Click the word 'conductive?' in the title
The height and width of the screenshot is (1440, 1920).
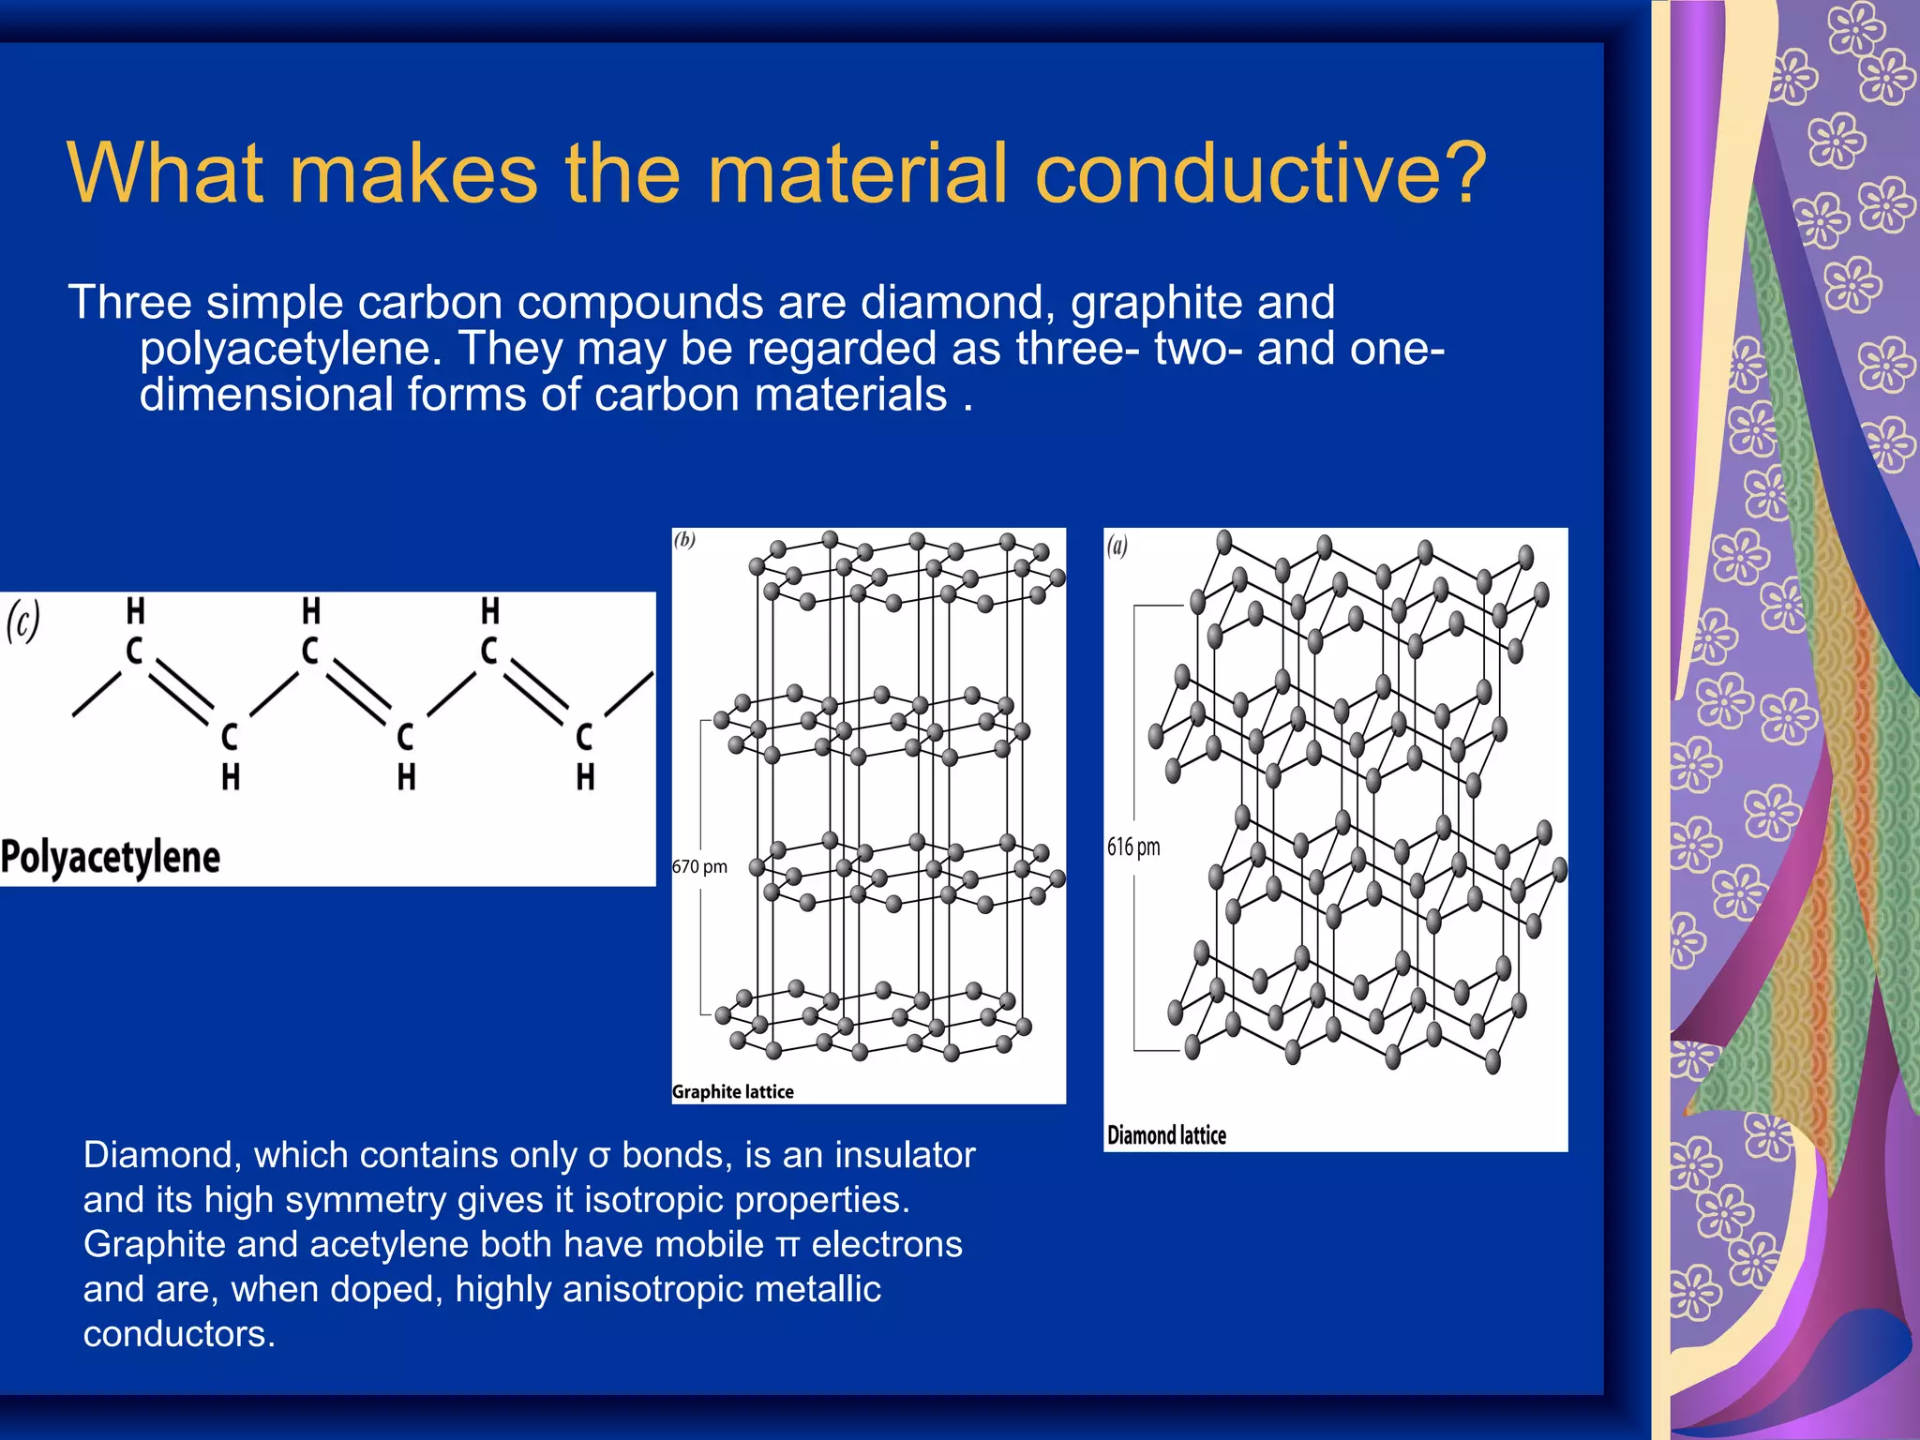[x=1260, y=173]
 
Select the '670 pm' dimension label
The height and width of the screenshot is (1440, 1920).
[x=699, y=867]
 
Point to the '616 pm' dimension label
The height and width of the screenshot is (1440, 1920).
[x=1133, y=847]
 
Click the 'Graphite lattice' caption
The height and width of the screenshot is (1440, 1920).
[x=733, y=1092]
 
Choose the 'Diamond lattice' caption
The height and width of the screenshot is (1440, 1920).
[x=1166, y=1135]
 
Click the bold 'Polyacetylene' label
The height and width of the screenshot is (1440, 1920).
[x=111, y=857]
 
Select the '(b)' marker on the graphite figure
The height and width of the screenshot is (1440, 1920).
[x=685, y=540]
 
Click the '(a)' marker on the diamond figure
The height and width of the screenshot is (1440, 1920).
[x=1117, y=546]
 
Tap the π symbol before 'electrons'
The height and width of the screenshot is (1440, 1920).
[x=787, y=1246]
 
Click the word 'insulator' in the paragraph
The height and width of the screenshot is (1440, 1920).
[x=905, y=1156]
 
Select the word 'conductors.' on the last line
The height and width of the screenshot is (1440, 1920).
[x=179, y=1334]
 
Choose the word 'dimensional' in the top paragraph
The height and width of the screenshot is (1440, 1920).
[x=266, y=395]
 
